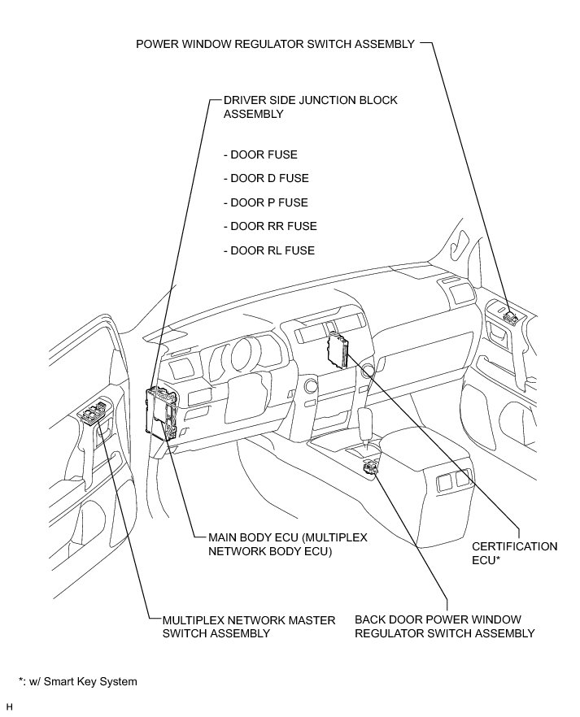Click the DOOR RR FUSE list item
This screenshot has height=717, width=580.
pos(269,226)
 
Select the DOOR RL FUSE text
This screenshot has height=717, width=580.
pos(268,250)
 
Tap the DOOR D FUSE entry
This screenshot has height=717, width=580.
pos(266,178)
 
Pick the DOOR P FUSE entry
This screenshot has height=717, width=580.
pos(266,202)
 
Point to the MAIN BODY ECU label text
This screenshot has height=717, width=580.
pos(270,544)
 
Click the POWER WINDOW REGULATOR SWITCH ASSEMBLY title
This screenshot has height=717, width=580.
pos(275,44)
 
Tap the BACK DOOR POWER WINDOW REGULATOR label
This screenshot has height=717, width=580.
pos(443,626)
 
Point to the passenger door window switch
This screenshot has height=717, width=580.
pos(511,319)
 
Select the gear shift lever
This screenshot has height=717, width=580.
pos(364,424)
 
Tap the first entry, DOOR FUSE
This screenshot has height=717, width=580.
pos(260,154)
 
